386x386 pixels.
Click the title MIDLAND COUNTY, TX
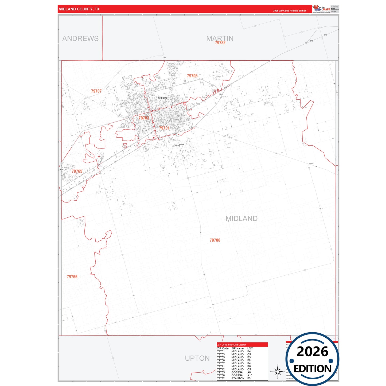(x=79, y=9)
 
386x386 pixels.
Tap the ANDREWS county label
(x=80, y=38)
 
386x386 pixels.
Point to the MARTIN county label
(x=220, y=38)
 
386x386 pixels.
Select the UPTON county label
(x=197, y=358)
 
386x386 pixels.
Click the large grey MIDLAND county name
(x=241, y=219)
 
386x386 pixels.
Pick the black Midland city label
(x=163, y=98)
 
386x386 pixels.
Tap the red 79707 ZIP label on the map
(x=96, y=91)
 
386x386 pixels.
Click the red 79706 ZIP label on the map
(x=215, y=240)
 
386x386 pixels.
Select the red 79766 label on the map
(x=72, y=277)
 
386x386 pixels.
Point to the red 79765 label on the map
(x=77, y=171)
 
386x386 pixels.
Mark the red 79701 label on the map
(x=164, y=128)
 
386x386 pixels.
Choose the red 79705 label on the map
(x=192, y=76)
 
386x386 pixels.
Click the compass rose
(x=278, y=371)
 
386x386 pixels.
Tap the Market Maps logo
(x=322, y=9)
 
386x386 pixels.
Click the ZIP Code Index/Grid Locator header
(x=232, y=345)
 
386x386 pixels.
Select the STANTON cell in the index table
(x=238, y=378)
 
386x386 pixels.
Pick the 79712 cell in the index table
(x=221, y=369)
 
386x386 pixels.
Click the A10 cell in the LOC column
(x=249, y=375)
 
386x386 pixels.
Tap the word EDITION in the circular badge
(x=313, y=369)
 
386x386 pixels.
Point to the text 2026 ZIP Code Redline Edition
(x=290, y=11)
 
